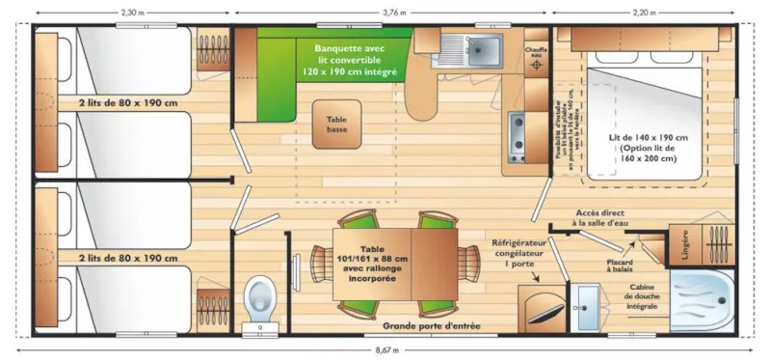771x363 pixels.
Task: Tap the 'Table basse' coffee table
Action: [x=336, y=124]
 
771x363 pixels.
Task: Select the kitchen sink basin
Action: [x=479, y=47]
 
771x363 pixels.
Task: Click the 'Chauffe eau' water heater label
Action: [x=536, y=51]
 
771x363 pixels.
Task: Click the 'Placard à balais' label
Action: [x=620, y=265]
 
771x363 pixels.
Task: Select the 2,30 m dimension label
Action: [x=134, y=11]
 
